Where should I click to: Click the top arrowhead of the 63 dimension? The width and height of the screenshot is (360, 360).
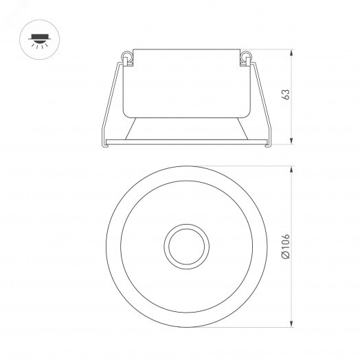pos(293,52)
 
